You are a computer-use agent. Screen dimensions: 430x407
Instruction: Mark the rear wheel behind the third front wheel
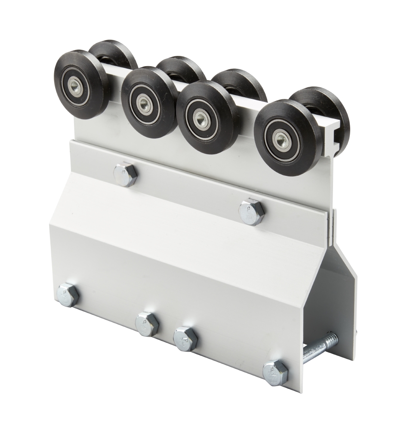coord(241,82)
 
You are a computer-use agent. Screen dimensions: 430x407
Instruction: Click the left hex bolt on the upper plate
coord(125,174)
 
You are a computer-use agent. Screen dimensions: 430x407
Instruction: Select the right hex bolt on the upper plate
coord(252,212)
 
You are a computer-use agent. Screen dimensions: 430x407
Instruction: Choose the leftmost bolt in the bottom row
coord(68,295)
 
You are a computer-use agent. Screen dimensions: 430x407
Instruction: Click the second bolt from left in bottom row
coord(147,324)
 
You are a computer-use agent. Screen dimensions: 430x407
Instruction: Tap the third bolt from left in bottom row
coord(185,338)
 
